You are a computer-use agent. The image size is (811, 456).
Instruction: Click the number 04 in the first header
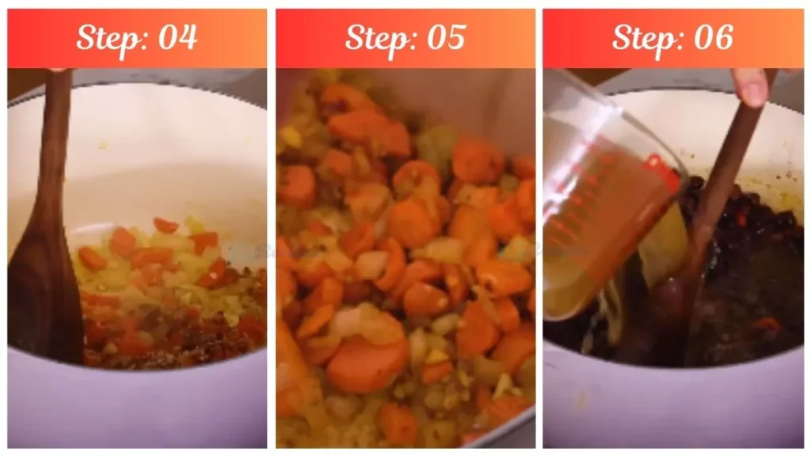(177, 37)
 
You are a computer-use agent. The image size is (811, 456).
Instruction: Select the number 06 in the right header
(712, 37)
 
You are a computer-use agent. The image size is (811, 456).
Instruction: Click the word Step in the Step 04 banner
(107, 38)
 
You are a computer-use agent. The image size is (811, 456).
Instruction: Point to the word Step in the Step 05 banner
(375, 38)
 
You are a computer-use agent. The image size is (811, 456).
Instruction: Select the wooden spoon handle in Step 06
(725, 174)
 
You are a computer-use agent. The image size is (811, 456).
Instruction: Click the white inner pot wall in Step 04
(158, 158)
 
